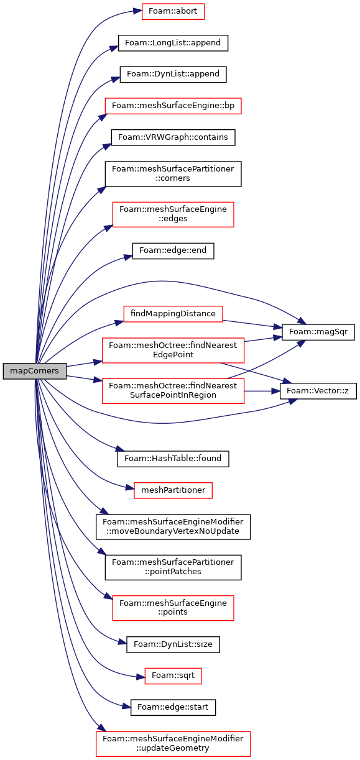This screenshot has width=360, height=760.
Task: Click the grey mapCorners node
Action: [34, 371]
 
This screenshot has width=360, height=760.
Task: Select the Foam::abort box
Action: [173, 11]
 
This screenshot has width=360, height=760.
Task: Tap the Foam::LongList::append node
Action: [173, 43]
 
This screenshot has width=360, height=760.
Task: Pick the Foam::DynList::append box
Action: [173, 75]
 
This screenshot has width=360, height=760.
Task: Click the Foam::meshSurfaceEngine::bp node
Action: [173, 106]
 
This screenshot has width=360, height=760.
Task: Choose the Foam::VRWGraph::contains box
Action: [173, 137]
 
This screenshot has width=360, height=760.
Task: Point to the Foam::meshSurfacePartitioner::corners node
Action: [173, 174]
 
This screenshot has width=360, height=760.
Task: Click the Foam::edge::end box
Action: [173, 250]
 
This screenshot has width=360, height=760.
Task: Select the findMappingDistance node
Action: [173, 314]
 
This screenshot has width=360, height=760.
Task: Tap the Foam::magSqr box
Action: [318, 332]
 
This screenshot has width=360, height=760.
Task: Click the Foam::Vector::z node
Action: [318, 391]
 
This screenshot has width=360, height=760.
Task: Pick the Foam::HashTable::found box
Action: [173, 459]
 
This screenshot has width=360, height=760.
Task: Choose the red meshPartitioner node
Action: [173, 490]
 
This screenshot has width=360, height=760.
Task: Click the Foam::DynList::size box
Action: [173, 644]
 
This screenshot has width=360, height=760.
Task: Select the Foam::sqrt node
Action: [173, 675]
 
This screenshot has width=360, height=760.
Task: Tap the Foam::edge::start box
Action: [173, 707]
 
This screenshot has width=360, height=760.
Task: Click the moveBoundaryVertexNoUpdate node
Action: [173, 526]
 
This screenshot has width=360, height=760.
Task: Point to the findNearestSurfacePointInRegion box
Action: [173, 391]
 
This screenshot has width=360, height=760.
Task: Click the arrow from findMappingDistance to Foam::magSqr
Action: [252, 324]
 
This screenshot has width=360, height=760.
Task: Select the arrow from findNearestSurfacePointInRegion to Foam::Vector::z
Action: [262, 391]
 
